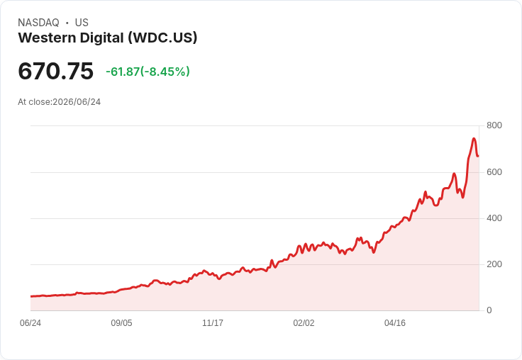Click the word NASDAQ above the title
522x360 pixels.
[38, 23]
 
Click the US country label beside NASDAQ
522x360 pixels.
[82, 23]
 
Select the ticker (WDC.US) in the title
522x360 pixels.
[163, 38]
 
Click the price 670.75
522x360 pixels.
[55, 71]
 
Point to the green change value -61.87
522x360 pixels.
[123, 72]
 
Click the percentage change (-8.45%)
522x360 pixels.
[165, 72]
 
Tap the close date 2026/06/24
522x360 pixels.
[77, 102]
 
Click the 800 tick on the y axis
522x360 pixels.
[494, 125]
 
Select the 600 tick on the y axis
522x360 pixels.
[494, 172]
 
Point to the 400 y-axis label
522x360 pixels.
[494, 218]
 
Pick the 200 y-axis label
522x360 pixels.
[494, 264]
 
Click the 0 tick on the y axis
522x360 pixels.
[489, 310]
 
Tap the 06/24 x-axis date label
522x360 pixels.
[30, 323]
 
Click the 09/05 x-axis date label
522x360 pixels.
[121, 323]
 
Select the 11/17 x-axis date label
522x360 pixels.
[213, 323]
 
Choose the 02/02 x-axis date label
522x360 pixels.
[304, 323]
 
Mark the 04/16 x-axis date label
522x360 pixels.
[395, 323]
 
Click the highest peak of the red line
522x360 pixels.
[474, 138]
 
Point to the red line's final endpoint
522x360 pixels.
[478, 156]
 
